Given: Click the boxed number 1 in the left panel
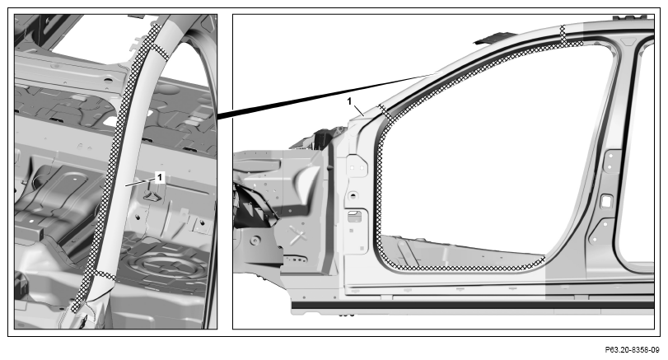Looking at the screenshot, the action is (x=159, y=177).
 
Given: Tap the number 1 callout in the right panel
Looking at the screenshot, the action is (x=349, y=101).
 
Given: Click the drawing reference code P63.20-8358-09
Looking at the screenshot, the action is (x=632, y=350).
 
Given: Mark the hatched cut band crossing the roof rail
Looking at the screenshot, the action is (x=563, y=35).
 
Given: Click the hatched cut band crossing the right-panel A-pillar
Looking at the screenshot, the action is (x=385, y=110).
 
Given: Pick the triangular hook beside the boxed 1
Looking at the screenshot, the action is (x=152, y=195).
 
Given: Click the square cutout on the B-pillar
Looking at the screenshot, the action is (x=606, y=201).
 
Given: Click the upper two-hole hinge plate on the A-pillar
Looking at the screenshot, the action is (x=357, y=167).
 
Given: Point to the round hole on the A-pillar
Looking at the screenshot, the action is (x=353, y=196).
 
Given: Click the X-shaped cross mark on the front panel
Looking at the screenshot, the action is (x=298, y=235).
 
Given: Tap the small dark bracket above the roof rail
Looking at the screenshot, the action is (x=490, y=40).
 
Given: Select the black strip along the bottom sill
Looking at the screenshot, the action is (x=473, y=305).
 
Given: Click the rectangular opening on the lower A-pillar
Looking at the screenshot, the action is (x=354, y=217).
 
